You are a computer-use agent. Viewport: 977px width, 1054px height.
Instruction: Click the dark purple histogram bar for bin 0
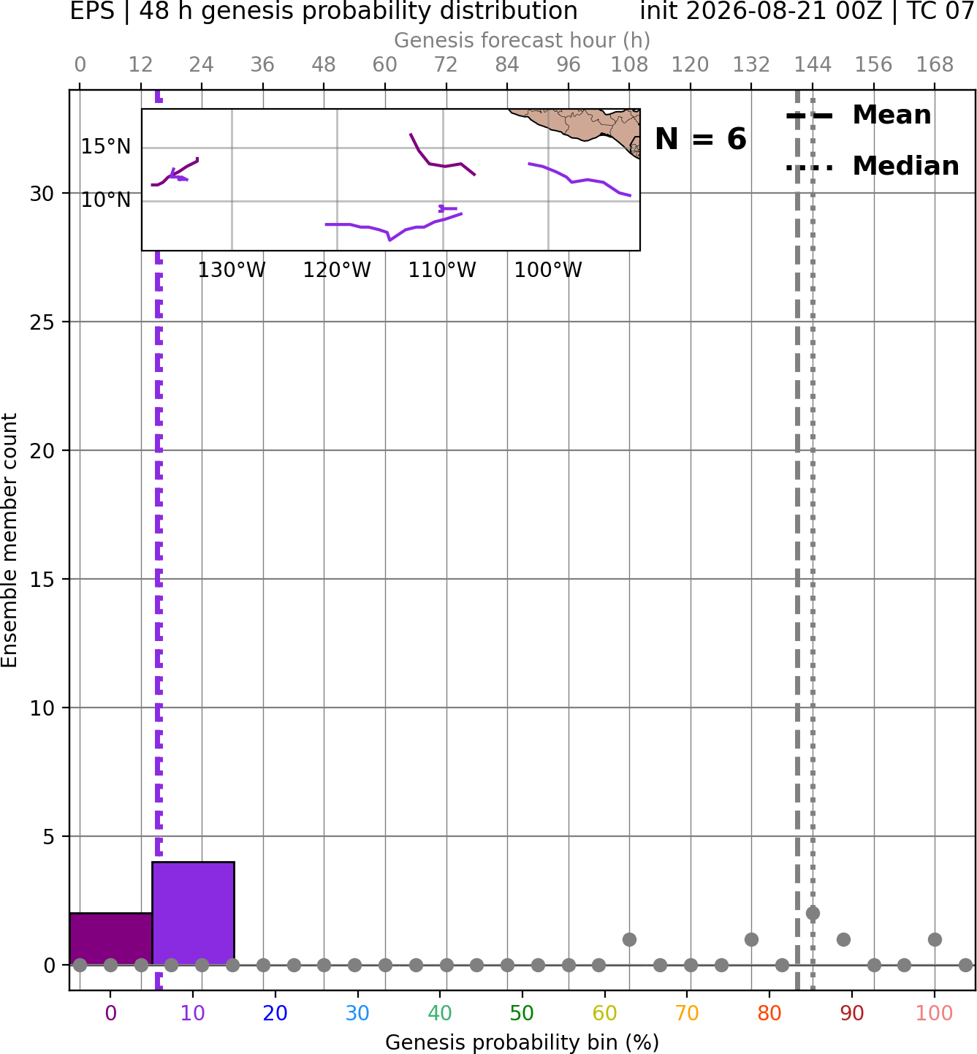click(x=111, y=939)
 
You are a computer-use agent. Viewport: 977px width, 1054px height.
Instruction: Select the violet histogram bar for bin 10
click(x=193, y=914)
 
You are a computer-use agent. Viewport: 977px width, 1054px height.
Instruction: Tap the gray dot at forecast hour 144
click(x=813, y=914)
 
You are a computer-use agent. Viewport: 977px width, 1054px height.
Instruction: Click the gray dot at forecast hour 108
click(x=629, y=939)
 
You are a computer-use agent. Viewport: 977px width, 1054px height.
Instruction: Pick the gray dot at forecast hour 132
click(x=751, y=939)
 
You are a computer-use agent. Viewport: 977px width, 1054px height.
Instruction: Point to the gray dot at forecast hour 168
click(x=935, y=939)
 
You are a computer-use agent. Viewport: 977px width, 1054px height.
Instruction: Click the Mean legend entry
click(x=859, y=115)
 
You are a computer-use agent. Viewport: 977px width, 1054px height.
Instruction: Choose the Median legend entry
click(x=873, y=167)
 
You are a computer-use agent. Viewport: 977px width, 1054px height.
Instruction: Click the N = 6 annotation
click(x=701, y=140)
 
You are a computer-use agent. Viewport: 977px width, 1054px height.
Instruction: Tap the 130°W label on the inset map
click(x=232, y=270)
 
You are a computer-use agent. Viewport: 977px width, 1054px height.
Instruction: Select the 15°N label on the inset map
click(x=106, y=146)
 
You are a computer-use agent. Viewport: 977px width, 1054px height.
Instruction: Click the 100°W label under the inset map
click(x=547, y=270)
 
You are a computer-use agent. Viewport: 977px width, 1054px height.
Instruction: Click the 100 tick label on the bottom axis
click(x=934, y=1014)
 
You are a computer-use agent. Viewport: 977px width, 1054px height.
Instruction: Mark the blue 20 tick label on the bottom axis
click(x=275, y=1014)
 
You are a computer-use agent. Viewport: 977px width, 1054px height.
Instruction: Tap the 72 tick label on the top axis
click(x=446, y=65)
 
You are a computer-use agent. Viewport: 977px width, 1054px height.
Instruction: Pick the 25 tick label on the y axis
click(x=42, y=322)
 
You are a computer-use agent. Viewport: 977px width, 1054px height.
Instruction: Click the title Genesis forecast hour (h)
click(x=522, y=40)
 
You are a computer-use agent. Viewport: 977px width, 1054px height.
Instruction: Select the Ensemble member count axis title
click(x=9, y=540)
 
